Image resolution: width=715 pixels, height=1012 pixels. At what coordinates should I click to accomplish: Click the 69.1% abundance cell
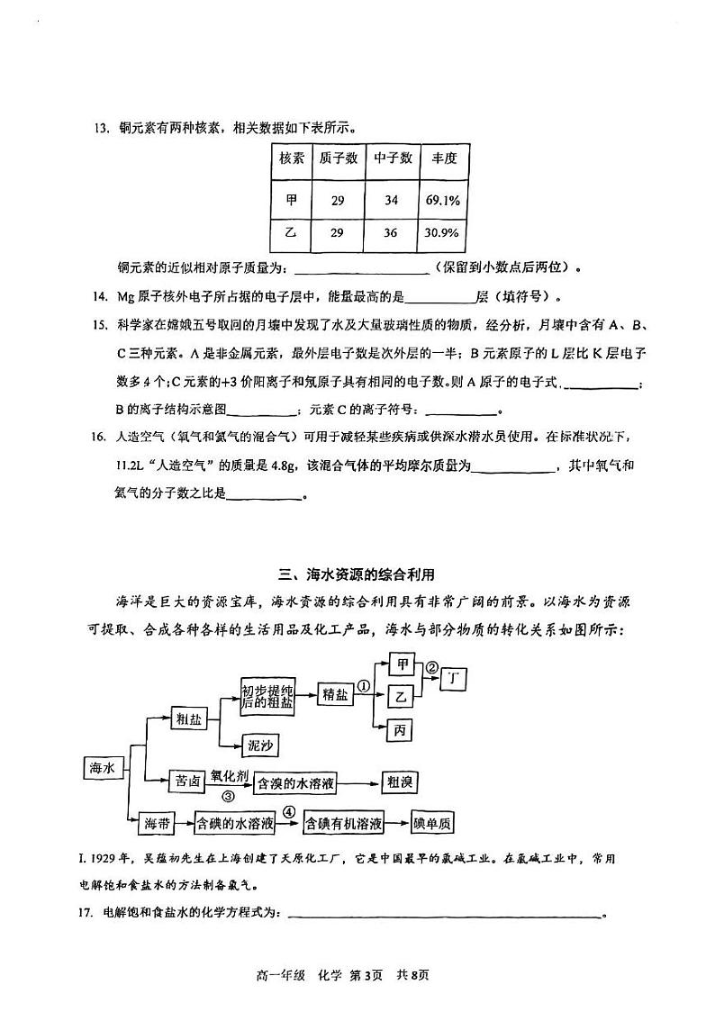[x=443, y=200]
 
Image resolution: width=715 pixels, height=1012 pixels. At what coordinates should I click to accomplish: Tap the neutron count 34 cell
[x=391, y=200]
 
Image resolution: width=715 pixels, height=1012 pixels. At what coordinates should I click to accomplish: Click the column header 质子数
[x=338, y=158]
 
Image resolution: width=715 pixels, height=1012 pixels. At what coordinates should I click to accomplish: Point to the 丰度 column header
[x=443, y=158]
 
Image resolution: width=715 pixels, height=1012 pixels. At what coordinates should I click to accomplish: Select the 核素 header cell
[x=290, y=158]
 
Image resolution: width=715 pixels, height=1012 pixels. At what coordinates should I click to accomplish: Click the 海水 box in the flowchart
[x=100, y=768]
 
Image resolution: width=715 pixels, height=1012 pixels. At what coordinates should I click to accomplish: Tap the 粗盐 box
[x=189, y=718]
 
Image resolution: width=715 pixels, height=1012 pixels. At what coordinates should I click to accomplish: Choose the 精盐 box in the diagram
[x=334, y=696]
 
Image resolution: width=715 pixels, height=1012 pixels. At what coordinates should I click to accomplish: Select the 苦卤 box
[x=189, y=782]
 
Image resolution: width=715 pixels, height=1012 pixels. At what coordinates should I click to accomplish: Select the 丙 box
[x=401, y=729]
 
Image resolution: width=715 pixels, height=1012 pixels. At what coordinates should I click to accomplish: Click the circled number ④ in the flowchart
[x=288, y=810]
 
